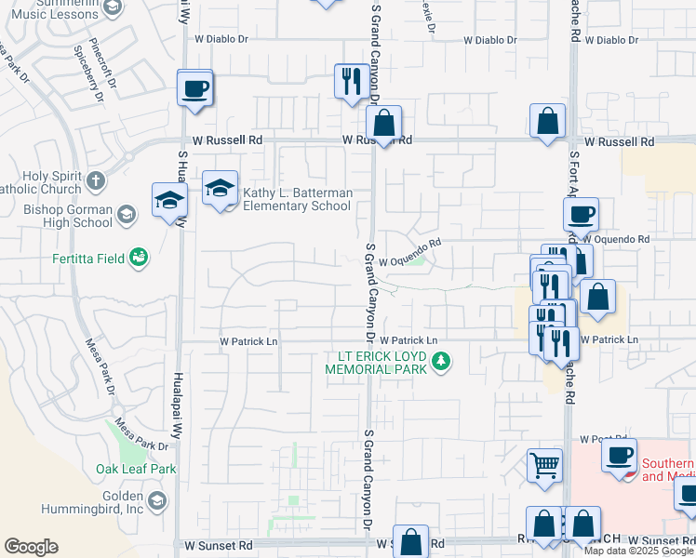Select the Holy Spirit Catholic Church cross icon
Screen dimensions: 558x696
(x=96, y=180)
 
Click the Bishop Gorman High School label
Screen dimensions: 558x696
(x=67, y=215)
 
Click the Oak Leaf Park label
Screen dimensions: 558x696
(x=136, y=469)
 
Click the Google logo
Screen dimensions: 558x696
(x=31, y=547)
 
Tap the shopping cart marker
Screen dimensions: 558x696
(x=544, y=464)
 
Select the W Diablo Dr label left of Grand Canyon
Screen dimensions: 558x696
(x=223, y=39)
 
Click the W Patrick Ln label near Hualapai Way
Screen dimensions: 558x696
(x=248, y=341)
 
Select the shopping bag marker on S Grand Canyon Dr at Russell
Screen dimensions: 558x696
(x=383, y=122)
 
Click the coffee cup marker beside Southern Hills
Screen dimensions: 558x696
(x=619, y=455)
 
